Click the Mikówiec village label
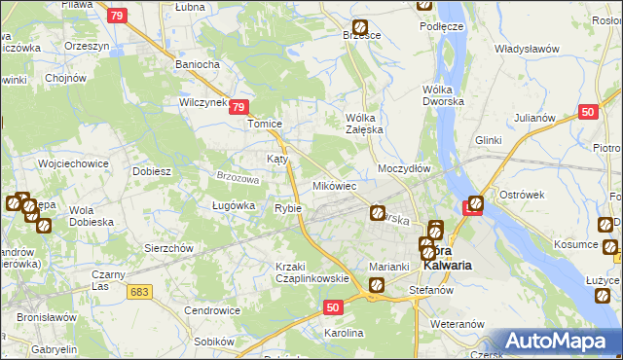[334, 185]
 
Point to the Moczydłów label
[404, 168]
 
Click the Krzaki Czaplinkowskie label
[311, 272]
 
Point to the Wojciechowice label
[73, 163]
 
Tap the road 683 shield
[140, 291]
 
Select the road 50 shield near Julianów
[586, 112]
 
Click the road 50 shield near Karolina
[333, 307]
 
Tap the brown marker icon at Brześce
[360, 28]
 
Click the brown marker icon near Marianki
[376, 285]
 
